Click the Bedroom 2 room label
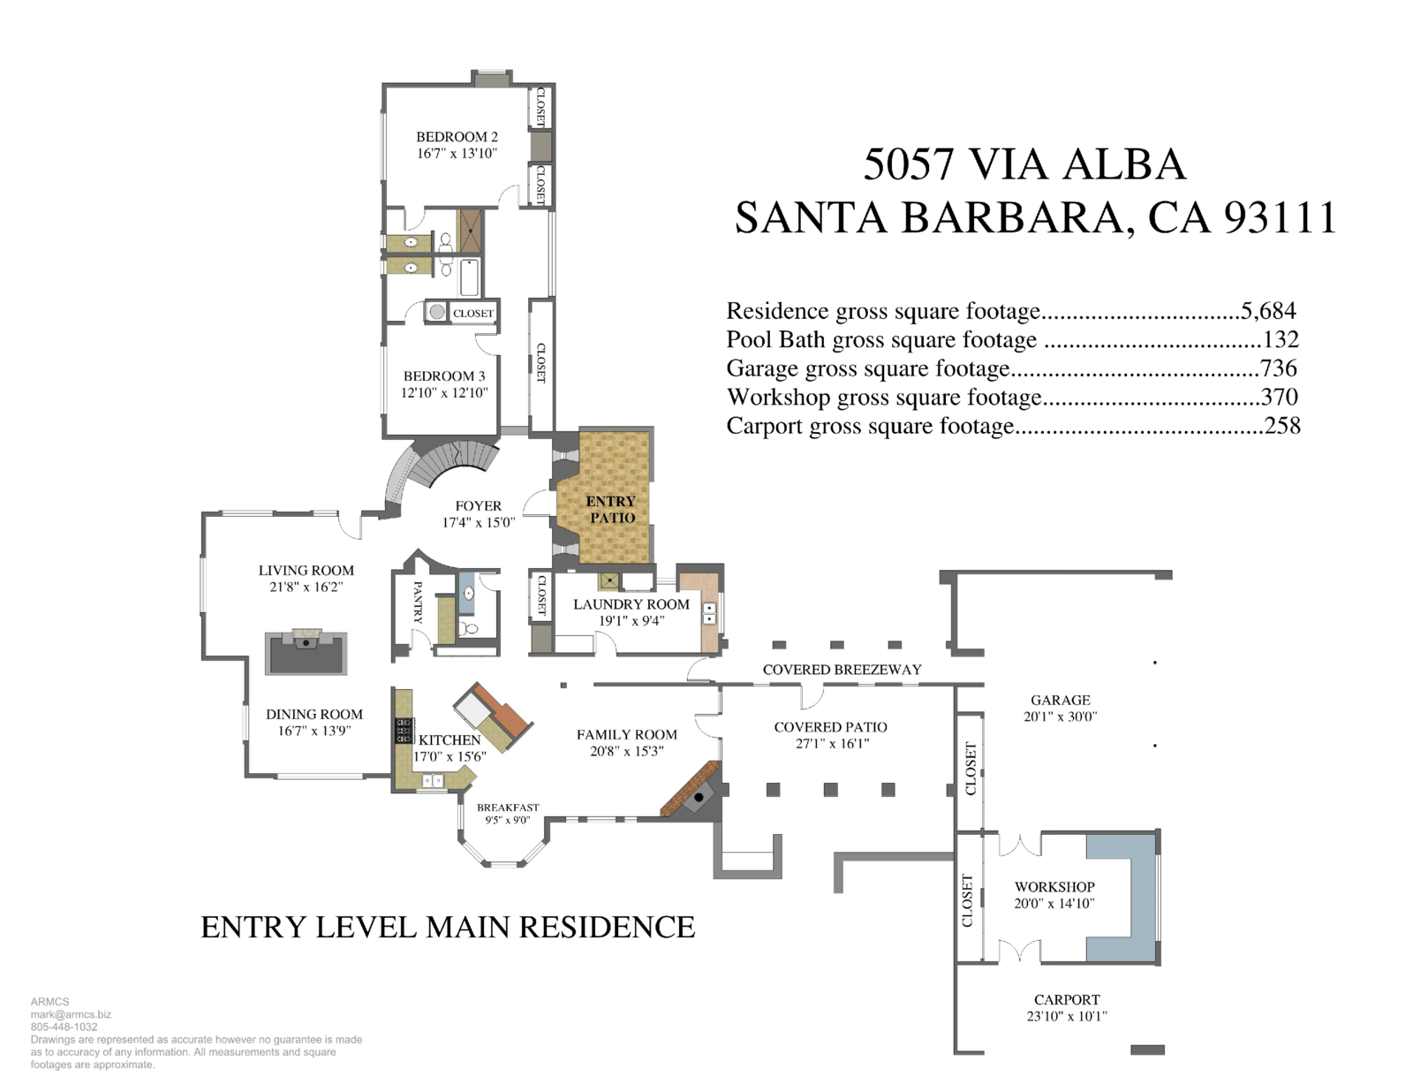pos(457,137)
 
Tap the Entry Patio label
pos(611,509)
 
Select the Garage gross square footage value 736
pos(1278,368)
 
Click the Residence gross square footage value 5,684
pos(1268,311)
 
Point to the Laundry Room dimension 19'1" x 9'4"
pos(631,621)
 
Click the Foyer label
pos(478,506)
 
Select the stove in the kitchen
pos(404,731)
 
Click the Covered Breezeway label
pos(842,670)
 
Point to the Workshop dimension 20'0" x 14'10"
pos(1054,903)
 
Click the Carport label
pos(1067,1000)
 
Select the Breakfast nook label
pos(508,808)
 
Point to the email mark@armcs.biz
pos(71,1015)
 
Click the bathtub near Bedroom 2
pos(469,277)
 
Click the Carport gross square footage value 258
pos(1281,426)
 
